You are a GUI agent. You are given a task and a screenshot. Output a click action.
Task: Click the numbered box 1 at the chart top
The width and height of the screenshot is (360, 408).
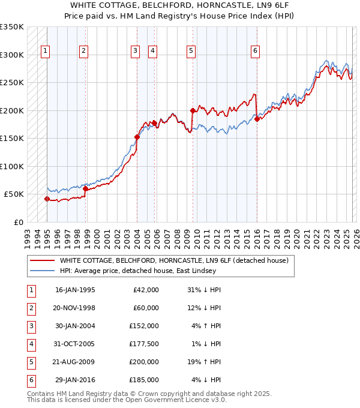pos(46,51)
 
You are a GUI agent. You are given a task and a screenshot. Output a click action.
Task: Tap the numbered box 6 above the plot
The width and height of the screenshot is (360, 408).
pos(256,51)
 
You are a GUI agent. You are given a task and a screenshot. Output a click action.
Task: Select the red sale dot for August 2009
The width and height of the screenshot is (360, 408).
pos(193,110)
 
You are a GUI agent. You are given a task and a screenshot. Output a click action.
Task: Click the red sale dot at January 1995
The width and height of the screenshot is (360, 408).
pos(47,199)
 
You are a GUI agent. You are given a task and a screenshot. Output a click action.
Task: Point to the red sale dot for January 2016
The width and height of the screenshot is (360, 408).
pos(257,119)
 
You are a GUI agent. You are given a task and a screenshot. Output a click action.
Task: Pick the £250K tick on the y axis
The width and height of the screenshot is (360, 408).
pos(12,83)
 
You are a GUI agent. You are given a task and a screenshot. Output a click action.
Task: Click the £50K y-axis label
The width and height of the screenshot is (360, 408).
pos(14,194)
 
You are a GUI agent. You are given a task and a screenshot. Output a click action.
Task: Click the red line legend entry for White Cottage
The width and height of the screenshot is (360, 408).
pos(174,260)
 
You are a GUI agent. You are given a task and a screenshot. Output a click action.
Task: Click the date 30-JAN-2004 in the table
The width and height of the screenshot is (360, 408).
pos(75,326)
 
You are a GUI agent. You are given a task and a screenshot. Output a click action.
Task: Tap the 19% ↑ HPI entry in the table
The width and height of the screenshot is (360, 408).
pos(204,362)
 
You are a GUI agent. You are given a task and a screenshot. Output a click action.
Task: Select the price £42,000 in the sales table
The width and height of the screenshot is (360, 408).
pos(145,290)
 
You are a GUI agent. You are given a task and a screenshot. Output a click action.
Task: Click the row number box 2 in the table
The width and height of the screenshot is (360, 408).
pos(31,308)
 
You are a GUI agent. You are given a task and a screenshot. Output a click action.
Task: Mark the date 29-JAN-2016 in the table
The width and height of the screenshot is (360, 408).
pos(75,380)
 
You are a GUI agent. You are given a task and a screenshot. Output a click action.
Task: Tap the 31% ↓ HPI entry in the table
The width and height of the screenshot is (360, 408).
pos(204,290)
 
